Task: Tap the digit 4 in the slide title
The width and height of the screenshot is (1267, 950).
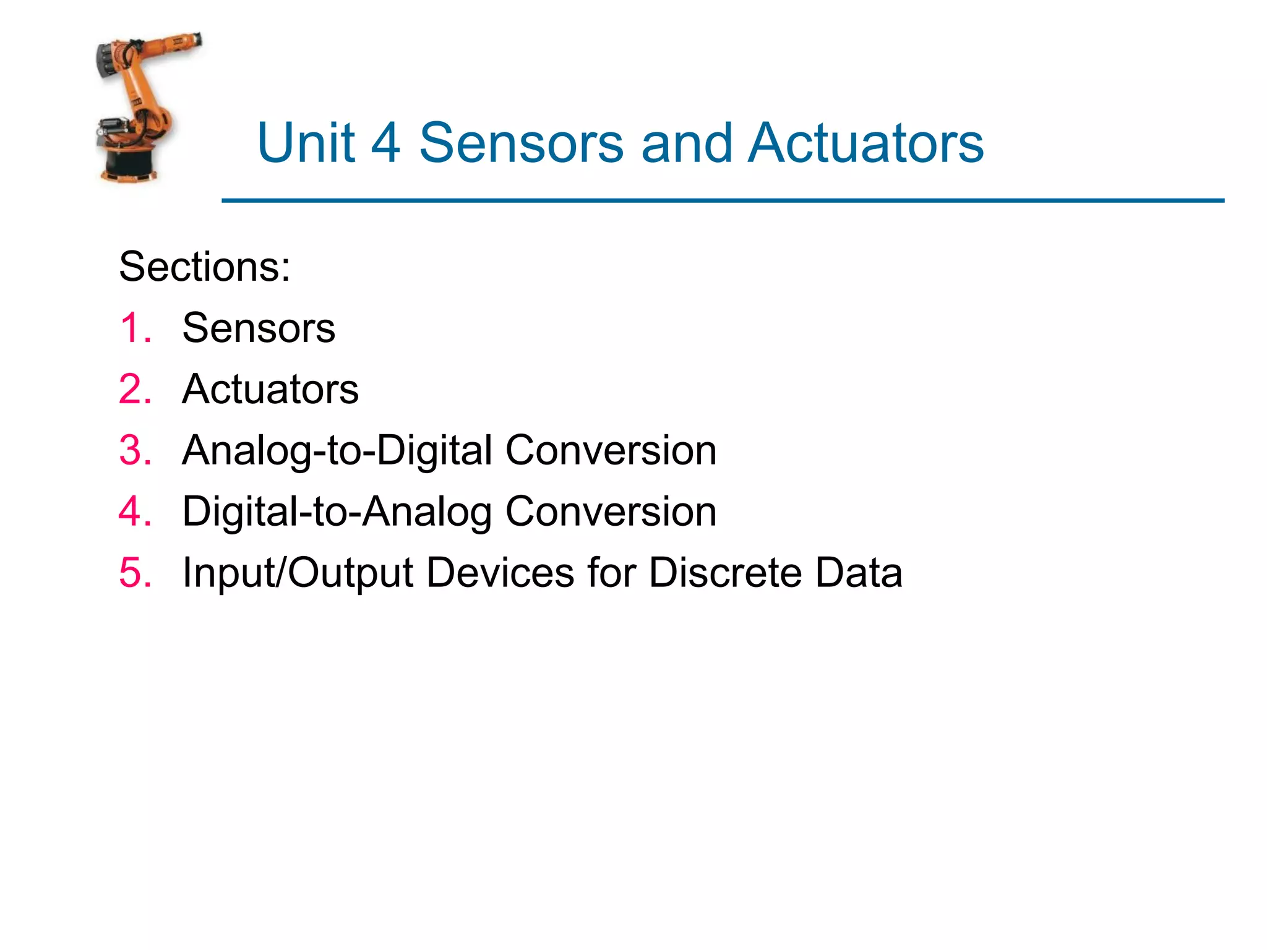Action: click(385, 143)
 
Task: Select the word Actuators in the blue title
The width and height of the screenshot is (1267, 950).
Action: click(865, 143)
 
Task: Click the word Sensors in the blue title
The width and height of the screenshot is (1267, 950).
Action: click(521, 143)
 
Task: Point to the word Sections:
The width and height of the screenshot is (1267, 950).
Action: click(205, 267)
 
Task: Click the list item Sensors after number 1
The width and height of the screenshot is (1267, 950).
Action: click(259, 328)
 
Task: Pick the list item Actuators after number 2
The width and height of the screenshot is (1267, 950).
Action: click(270, 389)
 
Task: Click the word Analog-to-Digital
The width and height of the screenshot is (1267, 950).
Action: click(337, 451)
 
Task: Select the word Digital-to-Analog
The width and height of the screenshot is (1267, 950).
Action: click(337, 512)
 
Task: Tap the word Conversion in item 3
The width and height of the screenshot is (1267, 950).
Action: click(611, 450)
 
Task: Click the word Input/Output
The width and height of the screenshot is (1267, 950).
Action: click(297, 573)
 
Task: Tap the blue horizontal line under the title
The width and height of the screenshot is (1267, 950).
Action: click(723, 200)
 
